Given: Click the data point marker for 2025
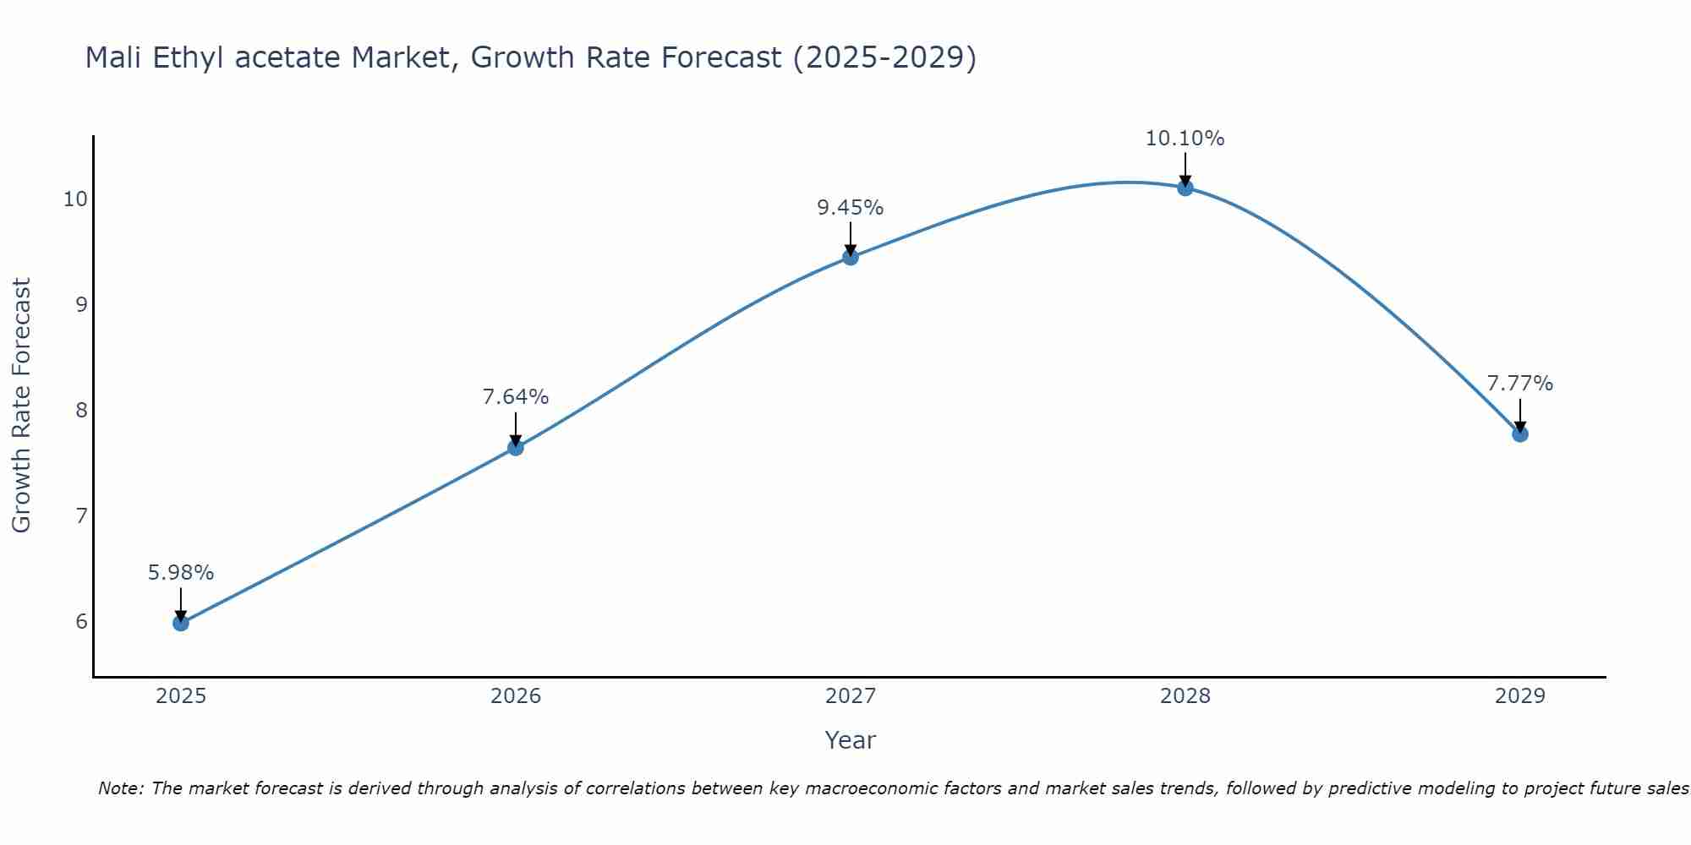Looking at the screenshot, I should coord(181,624).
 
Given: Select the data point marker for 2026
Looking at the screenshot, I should coord(516,448).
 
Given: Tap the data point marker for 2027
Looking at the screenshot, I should coord(851,257).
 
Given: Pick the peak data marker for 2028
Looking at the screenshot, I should coord(1185,188).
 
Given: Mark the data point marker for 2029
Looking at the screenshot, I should coord(1519,434).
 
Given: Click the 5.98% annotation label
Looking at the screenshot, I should coord(181,573).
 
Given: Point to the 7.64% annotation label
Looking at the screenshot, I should coord(516,397).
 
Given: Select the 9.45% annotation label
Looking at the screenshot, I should coord(851,208).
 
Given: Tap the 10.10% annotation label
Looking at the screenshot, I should coord(1185,139).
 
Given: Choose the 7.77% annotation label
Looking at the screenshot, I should coord(1519,384).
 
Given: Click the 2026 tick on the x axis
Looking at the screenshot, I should coord(516,696).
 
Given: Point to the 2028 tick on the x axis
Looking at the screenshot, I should coord(1185,696).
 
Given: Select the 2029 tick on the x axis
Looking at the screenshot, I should coord(1519,696).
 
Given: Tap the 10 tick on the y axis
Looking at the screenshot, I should coord(75,199).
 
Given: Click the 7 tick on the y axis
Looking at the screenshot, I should coord(81,515).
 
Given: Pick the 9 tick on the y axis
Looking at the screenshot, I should coord(81,305).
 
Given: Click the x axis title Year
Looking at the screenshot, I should coord(851,740).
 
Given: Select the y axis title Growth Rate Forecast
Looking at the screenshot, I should coord(22,406).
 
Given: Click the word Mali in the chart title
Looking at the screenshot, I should coord(114,57).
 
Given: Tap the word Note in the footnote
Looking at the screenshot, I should coord(120,788).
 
